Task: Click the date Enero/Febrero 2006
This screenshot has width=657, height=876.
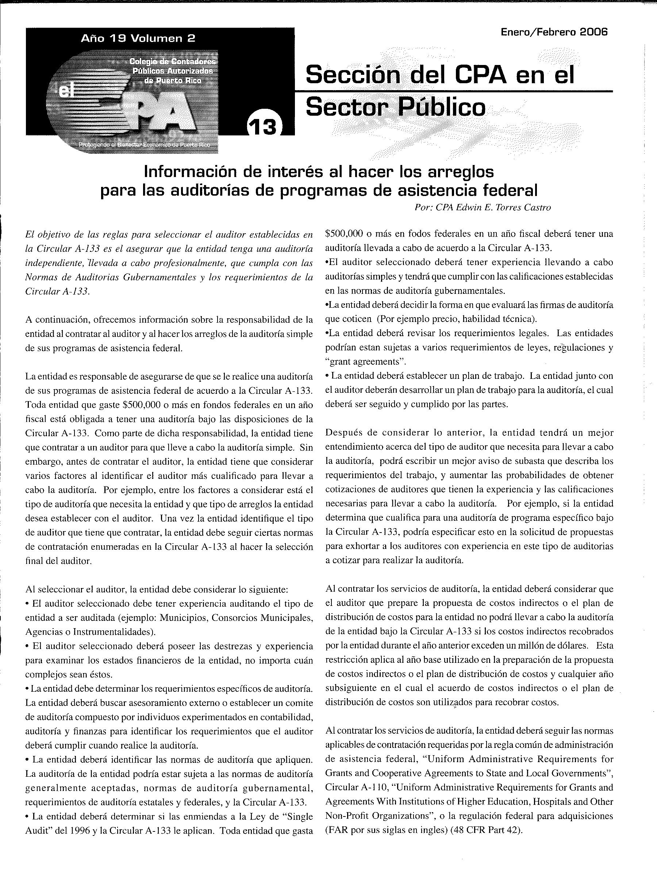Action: [554, 32]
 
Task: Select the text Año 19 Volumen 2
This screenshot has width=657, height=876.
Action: [138, 38]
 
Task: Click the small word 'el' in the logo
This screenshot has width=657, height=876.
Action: [64, 92]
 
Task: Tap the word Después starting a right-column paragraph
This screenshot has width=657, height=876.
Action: [343, 433]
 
